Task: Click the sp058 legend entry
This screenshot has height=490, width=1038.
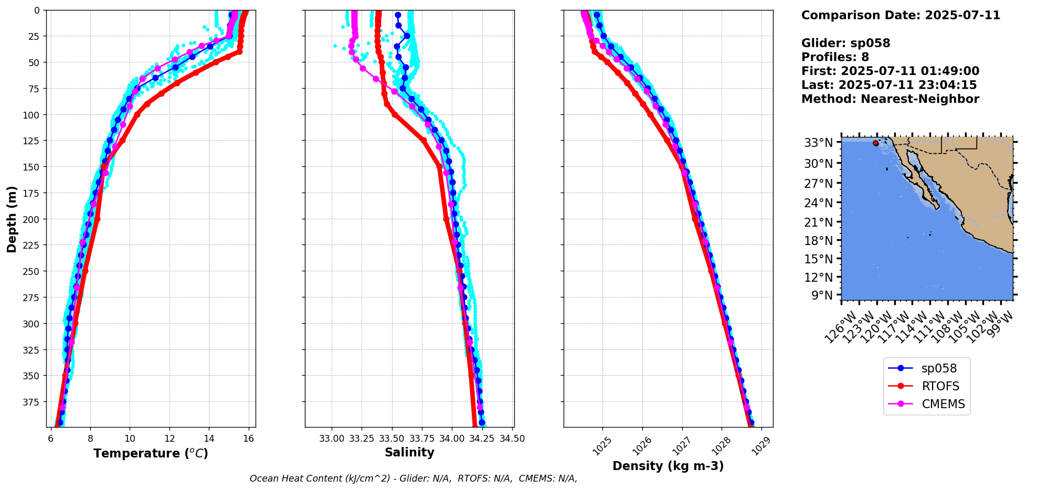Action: click(x=939, y=368)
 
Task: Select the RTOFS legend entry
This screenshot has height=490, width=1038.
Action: click(x=940, y=386)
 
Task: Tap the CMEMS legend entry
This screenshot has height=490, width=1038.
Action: click(x=943, y=404)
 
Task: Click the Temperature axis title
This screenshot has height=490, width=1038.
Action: click(x=151, y=453)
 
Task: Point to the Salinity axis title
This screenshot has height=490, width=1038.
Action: click(x=409, y=452)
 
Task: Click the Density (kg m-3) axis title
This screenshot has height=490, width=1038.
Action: click(x=668, y=466)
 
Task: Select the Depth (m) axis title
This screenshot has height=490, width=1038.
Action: click(x=12, y=219)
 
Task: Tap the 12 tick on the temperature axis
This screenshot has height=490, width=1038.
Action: click(x=170, y=439)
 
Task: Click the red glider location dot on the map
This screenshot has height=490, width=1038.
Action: click(x=875, y=143)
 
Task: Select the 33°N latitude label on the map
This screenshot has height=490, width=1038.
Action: click(x=819, y=143)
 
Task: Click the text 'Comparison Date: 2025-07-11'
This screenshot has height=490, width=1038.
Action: click(x=901, y=15)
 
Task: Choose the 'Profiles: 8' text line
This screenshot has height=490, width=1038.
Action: click(x=835, y=57)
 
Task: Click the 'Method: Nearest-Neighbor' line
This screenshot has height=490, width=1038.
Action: click(x=890, y=99)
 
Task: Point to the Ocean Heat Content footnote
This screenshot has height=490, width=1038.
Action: click(x=414, y=478)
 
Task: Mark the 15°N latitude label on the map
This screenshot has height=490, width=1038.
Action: click(x=819, y=259)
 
